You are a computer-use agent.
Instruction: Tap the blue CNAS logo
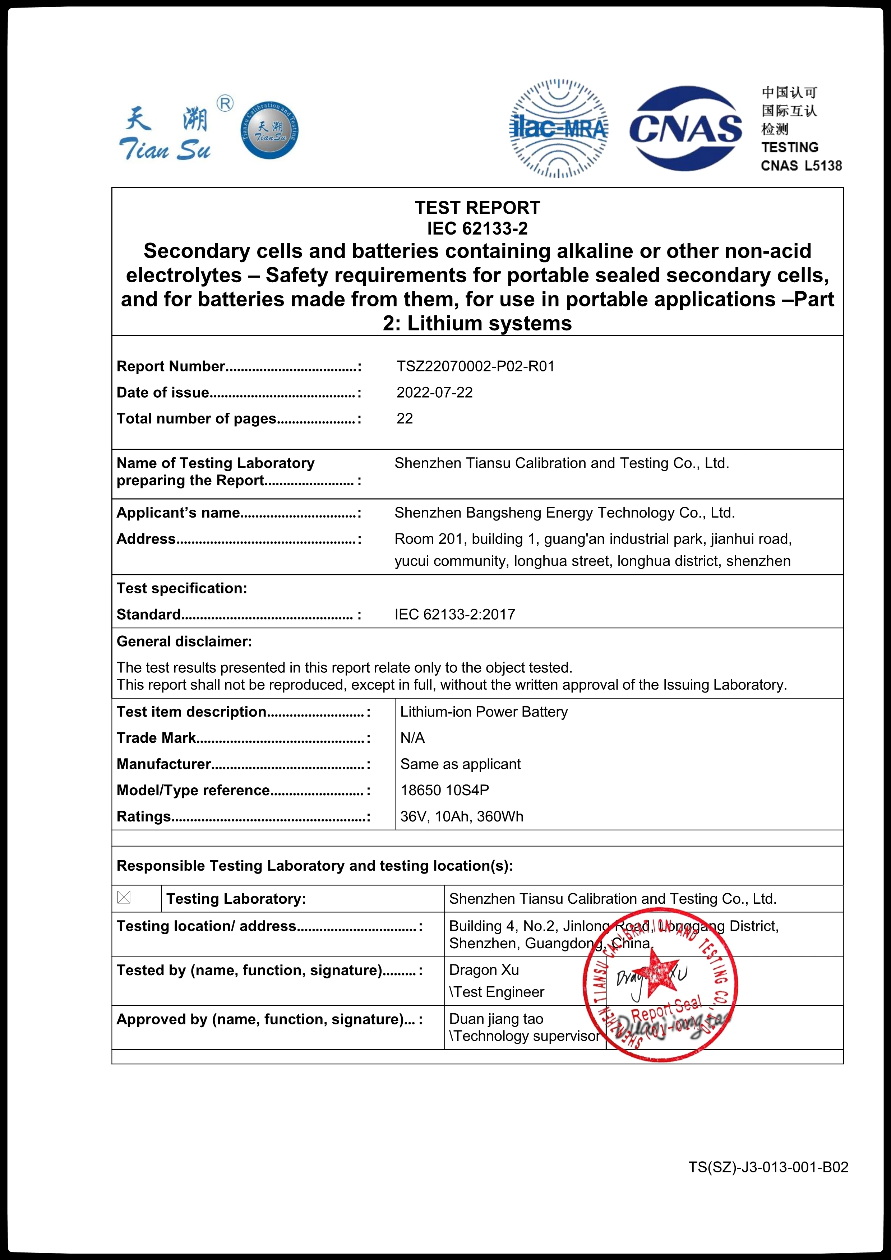(686, 129)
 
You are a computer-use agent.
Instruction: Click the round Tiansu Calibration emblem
(269, 130)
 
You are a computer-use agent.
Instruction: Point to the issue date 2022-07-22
(434, 392)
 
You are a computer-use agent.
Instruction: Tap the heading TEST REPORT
(477, 208)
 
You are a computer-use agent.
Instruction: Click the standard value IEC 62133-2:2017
(454, 614)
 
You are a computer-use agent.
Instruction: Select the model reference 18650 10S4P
(444, 790)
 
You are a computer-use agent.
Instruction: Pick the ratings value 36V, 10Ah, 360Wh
(461, 816)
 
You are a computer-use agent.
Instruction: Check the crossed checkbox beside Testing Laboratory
(124, 897)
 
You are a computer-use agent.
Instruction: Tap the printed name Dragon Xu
(484, 970)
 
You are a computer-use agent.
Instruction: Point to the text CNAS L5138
(801, 166)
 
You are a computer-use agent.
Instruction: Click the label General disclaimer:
(184, 641)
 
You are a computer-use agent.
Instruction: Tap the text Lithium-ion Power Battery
(484, 712)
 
